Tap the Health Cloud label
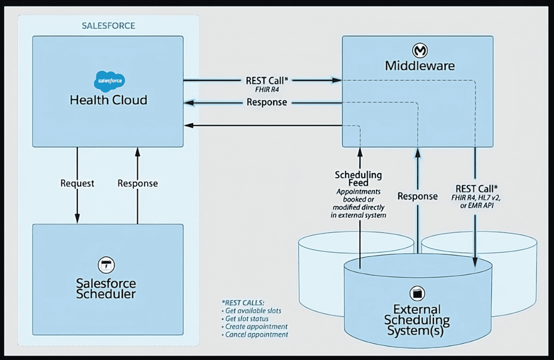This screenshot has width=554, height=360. (x=108, y=100)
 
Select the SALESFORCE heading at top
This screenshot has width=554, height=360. (x=108, y=25)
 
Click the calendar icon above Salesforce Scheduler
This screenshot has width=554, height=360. (x=106, y=265)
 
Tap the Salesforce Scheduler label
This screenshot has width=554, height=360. (x=106, y=289)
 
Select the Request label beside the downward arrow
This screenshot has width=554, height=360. (x=77, y=183)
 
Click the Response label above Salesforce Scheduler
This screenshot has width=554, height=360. (x=137, y=183)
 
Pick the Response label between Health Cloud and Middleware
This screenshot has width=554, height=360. (x=266, y=102)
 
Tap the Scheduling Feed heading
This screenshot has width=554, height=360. (x=358, y=179)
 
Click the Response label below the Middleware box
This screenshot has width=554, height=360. (x=417, y=196)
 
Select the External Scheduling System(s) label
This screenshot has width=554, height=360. (x=417, y=320)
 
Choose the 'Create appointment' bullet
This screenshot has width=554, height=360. (x=256, y=326)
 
